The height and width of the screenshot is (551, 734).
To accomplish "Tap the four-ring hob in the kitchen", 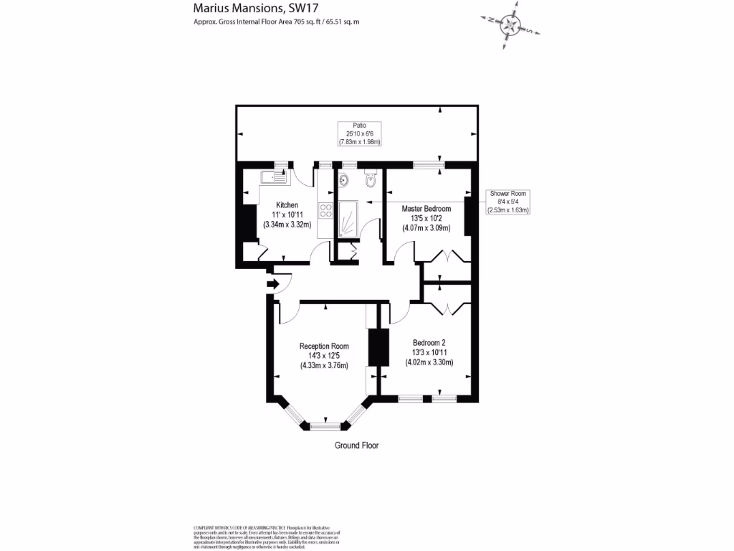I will coord(325,210).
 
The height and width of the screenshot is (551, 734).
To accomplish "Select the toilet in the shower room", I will coord(370,180).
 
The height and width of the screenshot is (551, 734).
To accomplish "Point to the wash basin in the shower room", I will coord(343,180).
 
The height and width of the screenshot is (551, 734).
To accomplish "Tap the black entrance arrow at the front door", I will coord(272,284).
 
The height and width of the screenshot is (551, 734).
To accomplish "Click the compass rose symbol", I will coord(510,24).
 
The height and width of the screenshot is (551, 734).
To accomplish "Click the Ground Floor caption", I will coord(356,446).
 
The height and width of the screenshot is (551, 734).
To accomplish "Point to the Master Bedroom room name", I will coord(426,209).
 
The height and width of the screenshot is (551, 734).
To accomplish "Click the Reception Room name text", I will coord(324,347).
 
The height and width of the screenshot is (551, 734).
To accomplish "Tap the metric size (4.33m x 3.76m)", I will coord(324,365).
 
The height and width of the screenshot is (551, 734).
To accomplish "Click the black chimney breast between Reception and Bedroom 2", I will coord(377,348).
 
